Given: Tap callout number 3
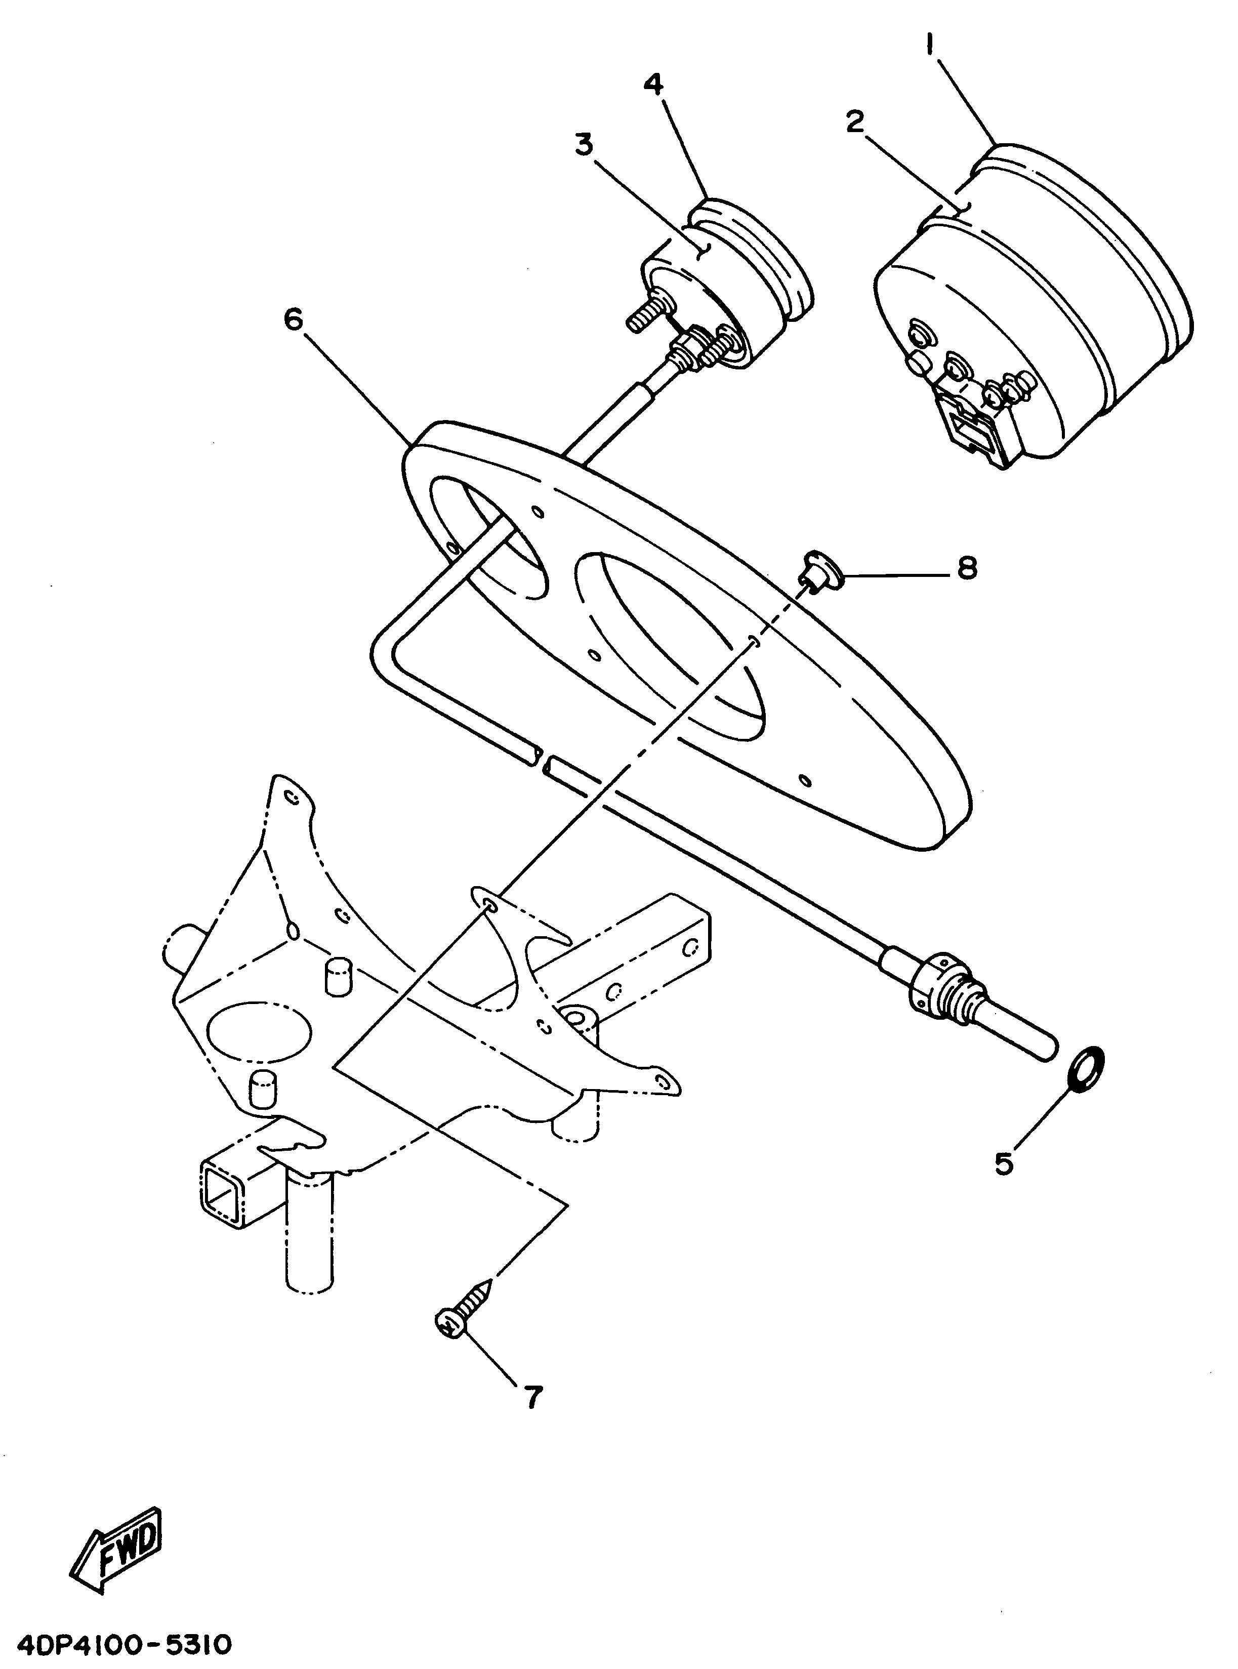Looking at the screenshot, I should click(584, 145).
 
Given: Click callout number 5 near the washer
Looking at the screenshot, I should click(1004, 1163).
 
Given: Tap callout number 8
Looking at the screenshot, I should click(967, 569).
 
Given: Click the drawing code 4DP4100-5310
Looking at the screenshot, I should click(117, 1646).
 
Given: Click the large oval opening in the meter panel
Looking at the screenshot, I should click(669, 643).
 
